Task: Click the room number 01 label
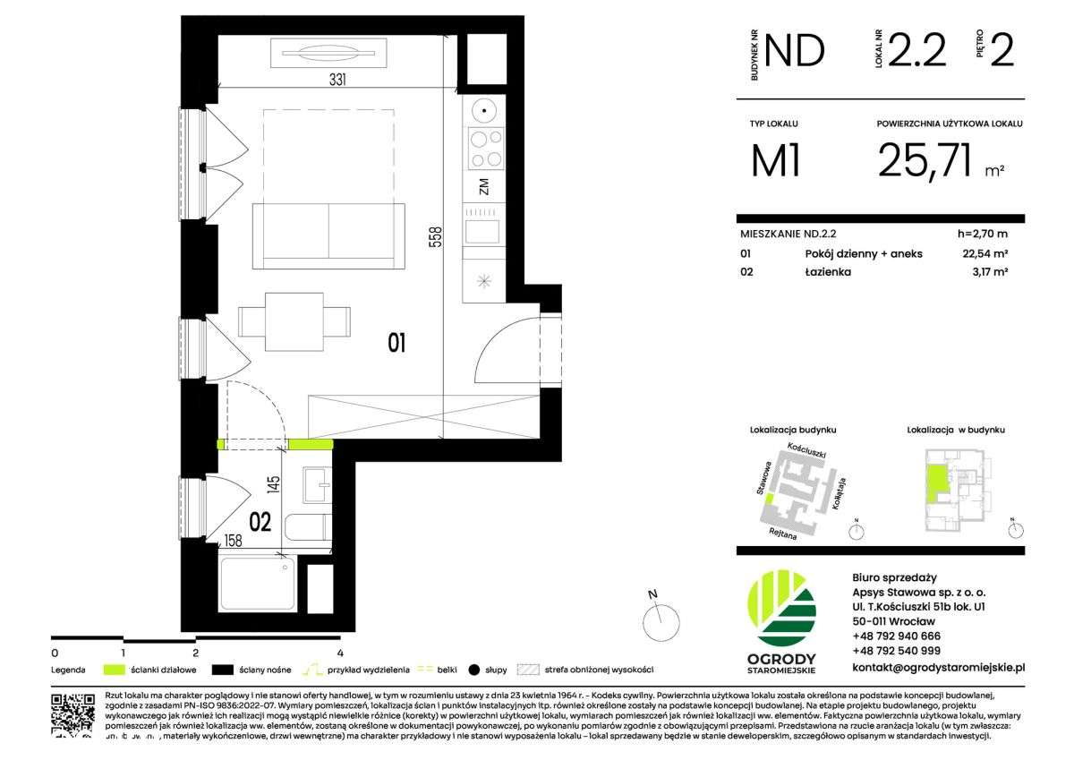[x=397, y=341]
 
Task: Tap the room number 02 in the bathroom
[x=260, y=522]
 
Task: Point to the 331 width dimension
[x=337, y=80]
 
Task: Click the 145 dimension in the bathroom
[x=275, y=485]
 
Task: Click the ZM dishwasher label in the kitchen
[x=484, y=187]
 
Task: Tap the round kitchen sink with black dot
[x=484, y=112]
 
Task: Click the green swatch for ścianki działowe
[x=113, y=669]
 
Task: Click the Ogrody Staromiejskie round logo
[x=781, y=610]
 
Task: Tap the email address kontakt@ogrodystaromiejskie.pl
[x=938, y=667]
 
